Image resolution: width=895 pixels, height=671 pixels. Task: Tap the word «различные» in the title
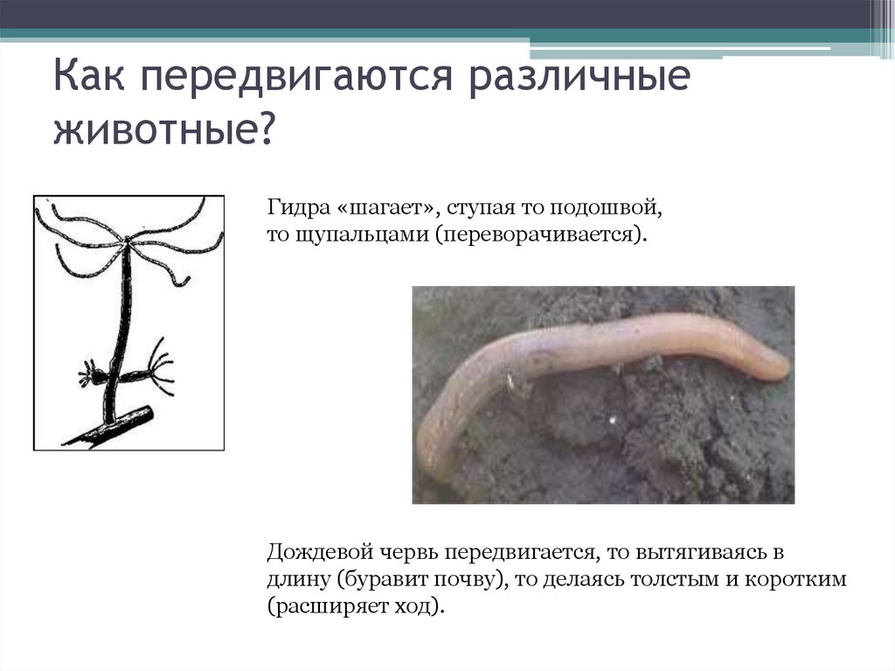click(x=581, y=81)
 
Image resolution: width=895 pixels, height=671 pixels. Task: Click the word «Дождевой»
click(x=311, y=553)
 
